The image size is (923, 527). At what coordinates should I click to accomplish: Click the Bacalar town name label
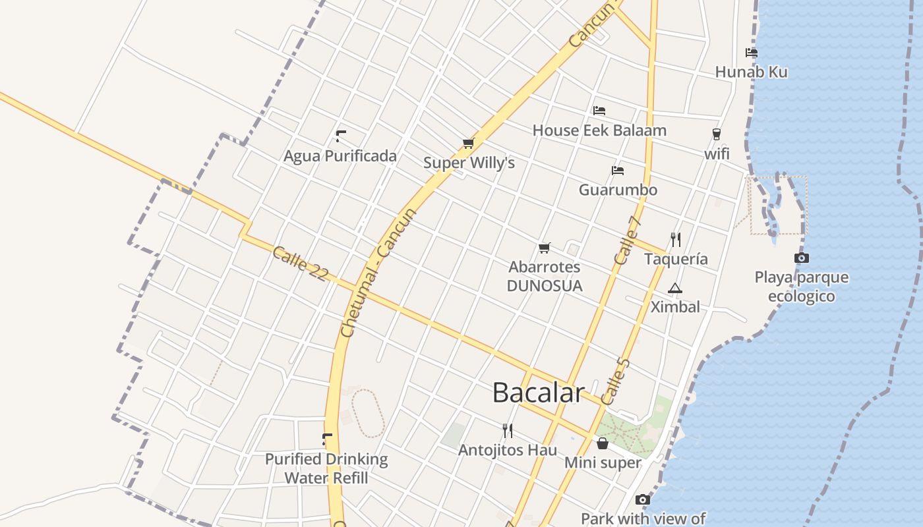tap(538, 393)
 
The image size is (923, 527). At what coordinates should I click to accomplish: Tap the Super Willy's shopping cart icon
tap(468, 143)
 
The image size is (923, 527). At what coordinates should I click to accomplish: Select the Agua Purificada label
tap(340, 156)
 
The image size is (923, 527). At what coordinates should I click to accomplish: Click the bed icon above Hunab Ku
tap(751, 53)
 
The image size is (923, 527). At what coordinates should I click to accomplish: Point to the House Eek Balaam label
tap(599, 130)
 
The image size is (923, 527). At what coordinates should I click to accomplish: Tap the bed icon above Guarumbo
tap(618, 171)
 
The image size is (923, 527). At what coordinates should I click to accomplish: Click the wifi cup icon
tap(717, 134)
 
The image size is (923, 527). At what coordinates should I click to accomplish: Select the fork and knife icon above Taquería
tap(676, 239)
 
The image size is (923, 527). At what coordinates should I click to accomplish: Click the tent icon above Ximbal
tap(675, 288)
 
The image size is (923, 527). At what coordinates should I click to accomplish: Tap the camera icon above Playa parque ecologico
tap(801, 258)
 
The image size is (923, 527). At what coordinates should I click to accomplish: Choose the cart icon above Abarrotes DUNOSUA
tap(544, 248)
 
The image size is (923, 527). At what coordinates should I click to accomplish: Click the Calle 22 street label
tap(300, 263)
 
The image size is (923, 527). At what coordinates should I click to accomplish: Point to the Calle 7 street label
tap(628, 241)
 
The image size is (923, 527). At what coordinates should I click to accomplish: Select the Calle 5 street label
tap(616, 382)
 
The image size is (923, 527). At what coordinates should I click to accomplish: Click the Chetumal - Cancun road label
tap(378, 273)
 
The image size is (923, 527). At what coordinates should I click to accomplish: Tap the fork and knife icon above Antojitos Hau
tap(507, 431)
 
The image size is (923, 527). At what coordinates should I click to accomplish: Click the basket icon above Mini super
tap(602, 443)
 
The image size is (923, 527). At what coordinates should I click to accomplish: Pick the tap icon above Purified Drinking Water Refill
tap(327, 439)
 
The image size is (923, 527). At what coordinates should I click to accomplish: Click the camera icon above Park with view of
tap(642, 500)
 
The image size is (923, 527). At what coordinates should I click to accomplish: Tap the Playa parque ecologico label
tap(802, 287)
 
